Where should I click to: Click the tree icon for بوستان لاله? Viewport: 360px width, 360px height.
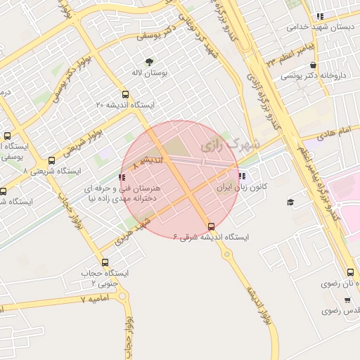coord(148,61)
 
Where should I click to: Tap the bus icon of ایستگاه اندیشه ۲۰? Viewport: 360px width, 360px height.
coord(125,94)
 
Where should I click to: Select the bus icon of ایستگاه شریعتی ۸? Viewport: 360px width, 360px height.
coord(51,161)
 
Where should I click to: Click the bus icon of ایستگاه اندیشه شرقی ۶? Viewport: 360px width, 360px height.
coord(212,226)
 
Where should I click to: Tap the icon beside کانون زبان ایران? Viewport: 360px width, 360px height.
coord(242,176)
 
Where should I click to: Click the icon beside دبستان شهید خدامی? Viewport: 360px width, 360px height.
coord(320,16)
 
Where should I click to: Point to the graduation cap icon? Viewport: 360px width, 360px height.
coord(290,202)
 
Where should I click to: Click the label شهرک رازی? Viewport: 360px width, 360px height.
coord(230,145)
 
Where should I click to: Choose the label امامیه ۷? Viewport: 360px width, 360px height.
coord(97,299)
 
